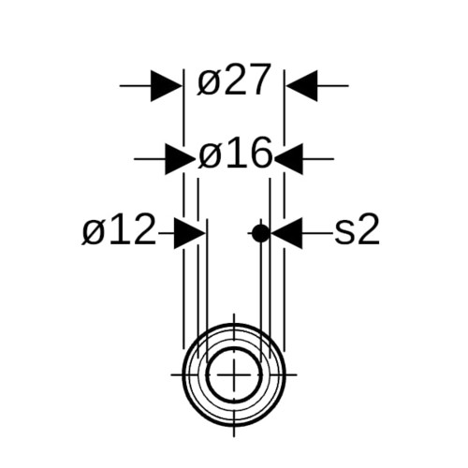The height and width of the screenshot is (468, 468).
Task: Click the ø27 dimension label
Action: pyautogui.click(x=233, y=80)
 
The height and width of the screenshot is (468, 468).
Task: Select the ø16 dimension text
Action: pyautogui.click(x=235, y=154)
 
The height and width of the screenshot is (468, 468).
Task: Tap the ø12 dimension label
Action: pyautogui.click(x=119, y=228)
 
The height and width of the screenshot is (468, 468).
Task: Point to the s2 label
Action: pyautogui.click(x=357, y=228)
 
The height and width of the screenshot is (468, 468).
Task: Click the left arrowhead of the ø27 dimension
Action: pyautogui.click(x=166, y=85)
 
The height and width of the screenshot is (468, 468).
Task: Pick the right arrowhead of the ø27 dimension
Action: pyautogui.click(x=301, y=85)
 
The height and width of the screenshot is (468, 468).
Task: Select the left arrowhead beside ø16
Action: pyautogui.click(x=180, y=159)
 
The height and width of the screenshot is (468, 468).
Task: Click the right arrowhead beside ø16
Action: pyautogui.click(x=288, y=159)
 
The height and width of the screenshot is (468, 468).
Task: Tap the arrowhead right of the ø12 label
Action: pyautogui.click(x=189, y=233)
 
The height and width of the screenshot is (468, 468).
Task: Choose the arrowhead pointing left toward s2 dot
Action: pyautogui.click(x=287, y=233)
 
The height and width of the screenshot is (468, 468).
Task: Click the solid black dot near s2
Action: pyautogui.click(x=260, y=233)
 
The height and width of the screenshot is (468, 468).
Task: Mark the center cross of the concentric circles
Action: pyautogui.click(x=234, y=374)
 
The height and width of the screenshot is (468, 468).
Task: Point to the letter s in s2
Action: pyautogui.click(x=344, y=232)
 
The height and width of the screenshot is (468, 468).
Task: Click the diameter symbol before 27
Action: pyautogui.click(x=208, y=83)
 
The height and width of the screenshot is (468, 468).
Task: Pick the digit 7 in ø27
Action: pyautogui.click(x=258, y=80)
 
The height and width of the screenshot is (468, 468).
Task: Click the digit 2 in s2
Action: pyautogui.click(x=369, y=228)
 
